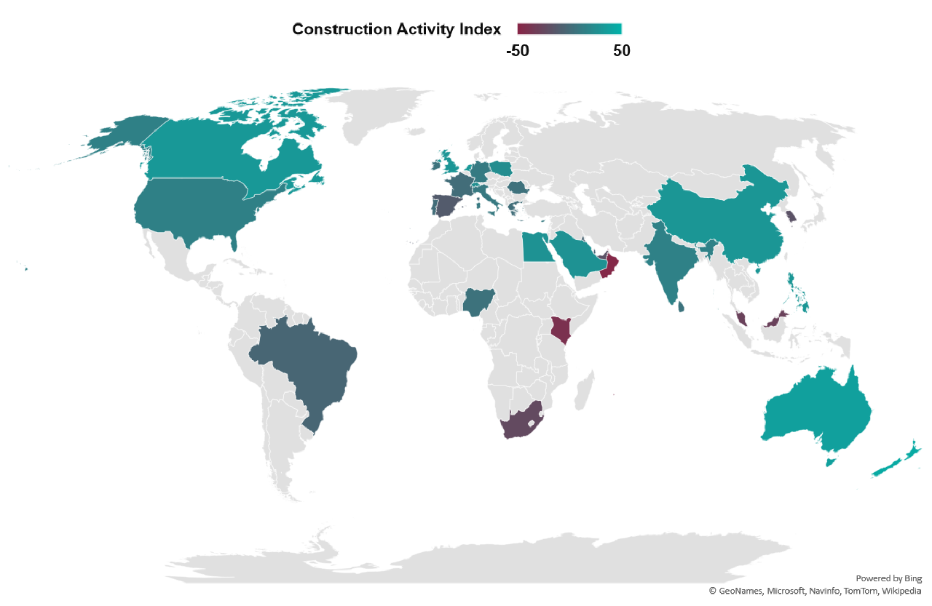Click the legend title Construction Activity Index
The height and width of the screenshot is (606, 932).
pyautogui.click(x=396, y=29)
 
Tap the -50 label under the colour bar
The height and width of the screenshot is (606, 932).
pyautogui.click(x=517, y=51)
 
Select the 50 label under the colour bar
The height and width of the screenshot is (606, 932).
pyautogui.click(x=621, y=51)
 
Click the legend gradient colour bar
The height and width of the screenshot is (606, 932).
pyautogui.click(x=569, y=29)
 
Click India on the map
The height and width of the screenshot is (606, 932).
pyautogui.click(x=666, y=269)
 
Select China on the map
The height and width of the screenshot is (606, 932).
pyautogui.click(x=721, y=218)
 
